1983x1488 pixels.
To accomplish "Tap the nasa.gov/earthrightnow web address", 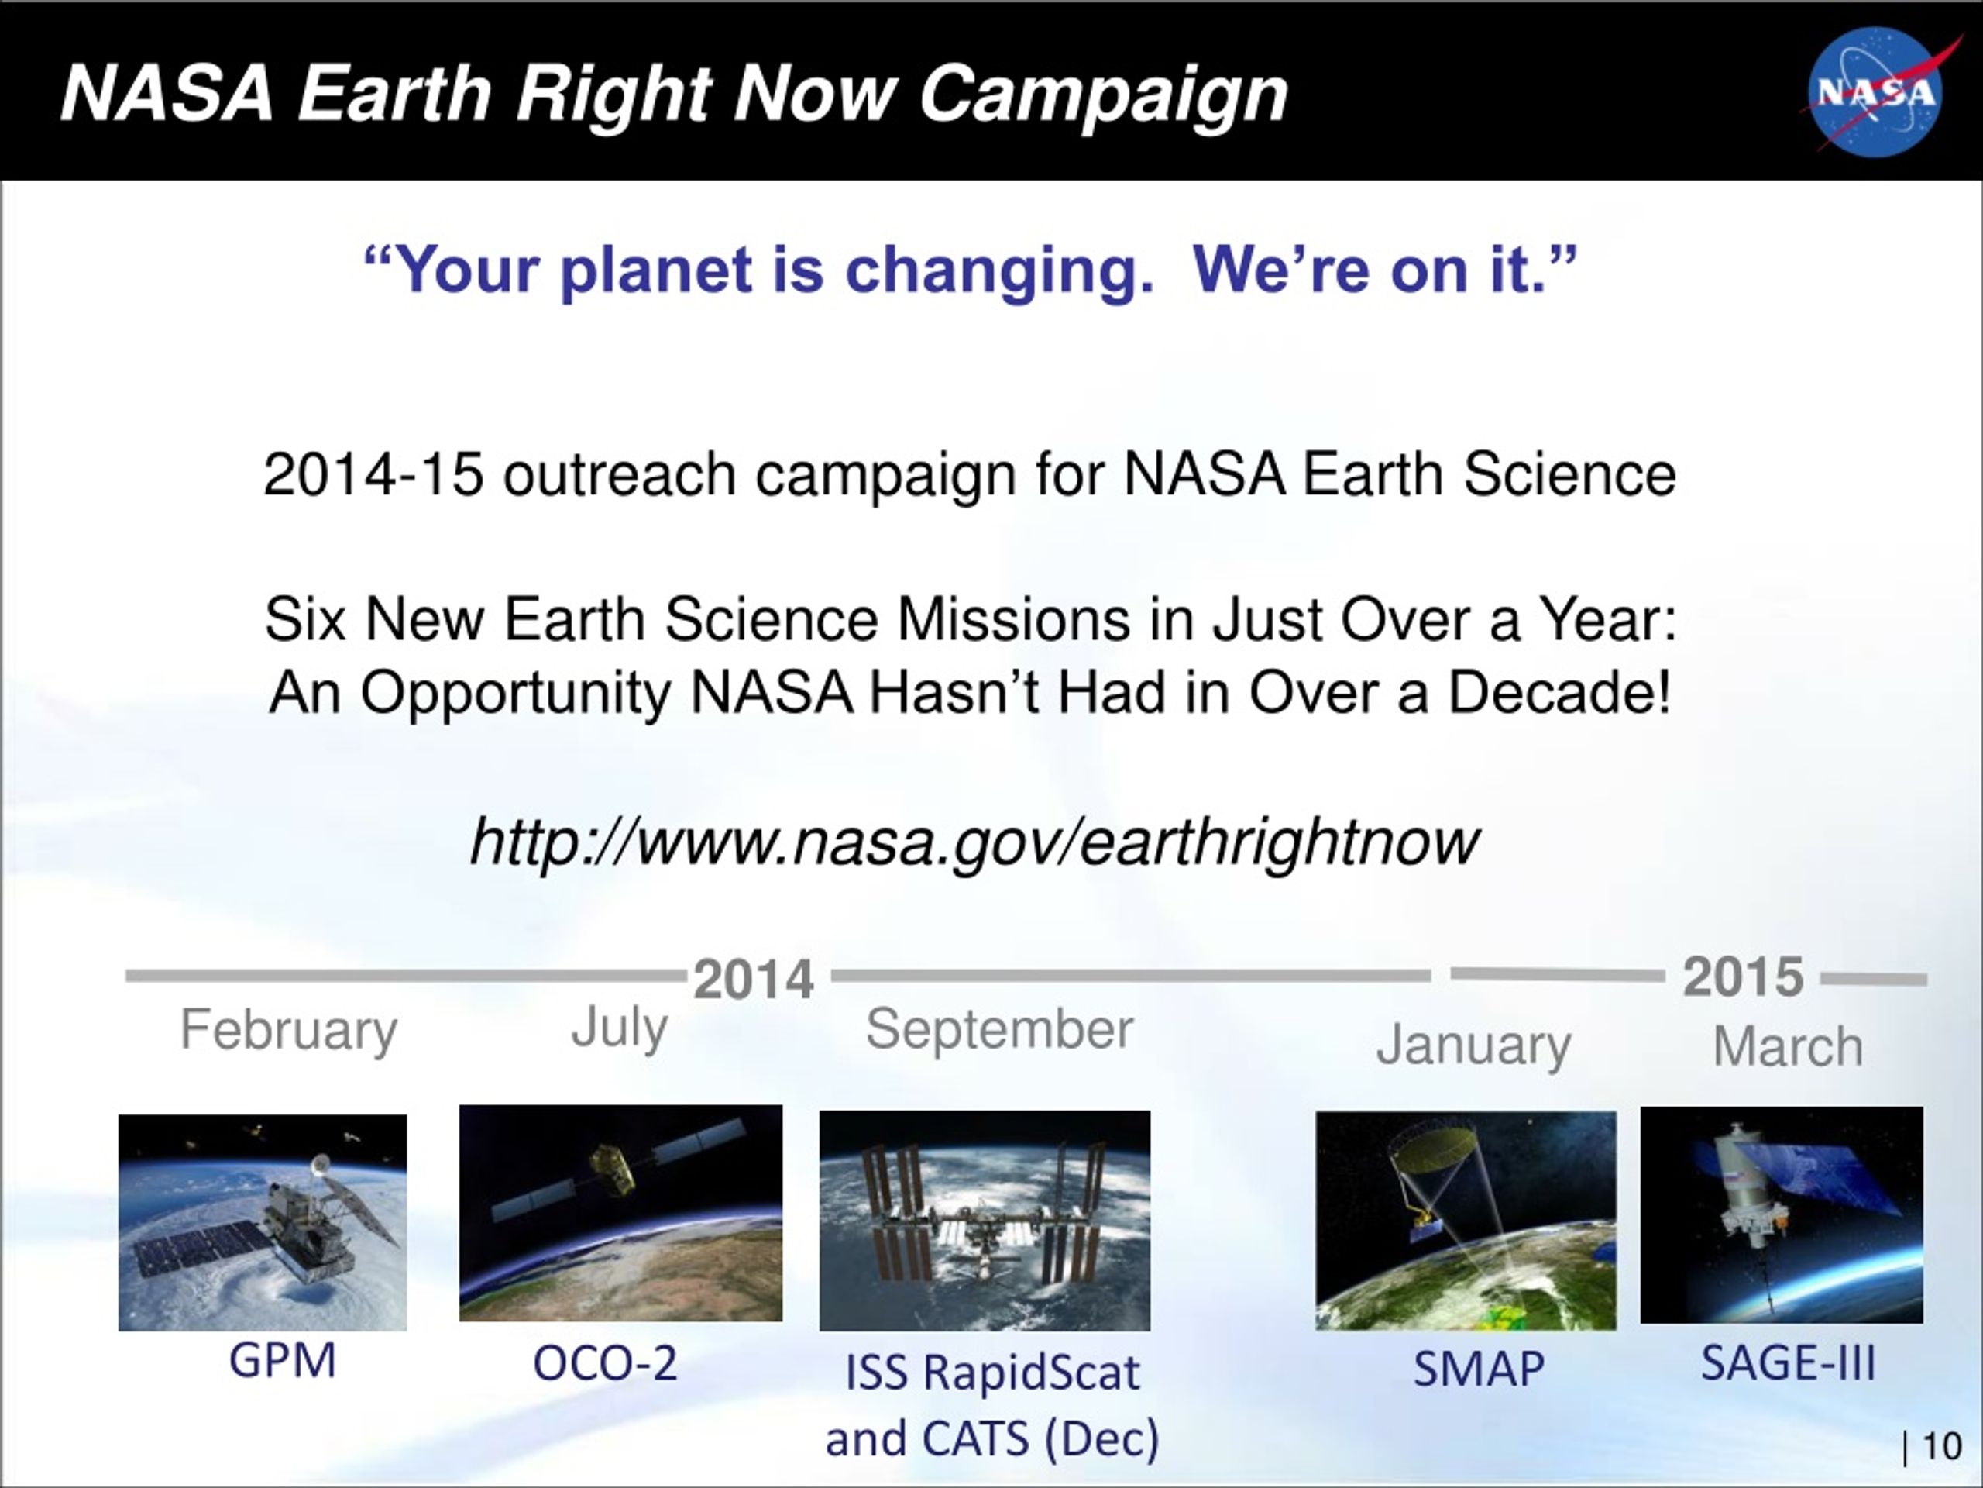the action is (974, 842).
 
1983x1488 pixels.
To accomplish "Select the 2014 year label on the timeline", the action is (753, 979).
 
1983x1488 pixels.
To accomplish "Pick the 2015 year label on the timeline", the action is (1743, 976).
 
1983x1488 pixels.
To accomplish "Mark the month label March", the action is (1788, 1045).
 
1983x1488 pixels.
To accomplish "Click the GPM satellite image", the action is (263, 1221).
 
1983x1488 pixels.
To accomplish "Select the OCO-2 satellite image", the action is (620, 1213).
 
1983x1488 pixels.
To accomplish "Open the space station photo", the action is (985, 1221).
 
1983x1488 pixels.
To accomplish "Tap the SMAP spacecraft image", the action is (1466, 1221).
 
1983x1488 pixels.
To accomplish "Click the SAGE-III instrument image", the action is (1782, 1215).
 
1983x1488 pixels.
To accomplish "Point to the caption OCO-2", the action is (604, 1363).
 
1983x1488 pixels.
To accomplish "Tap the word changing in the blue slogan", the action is (999, 272).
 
